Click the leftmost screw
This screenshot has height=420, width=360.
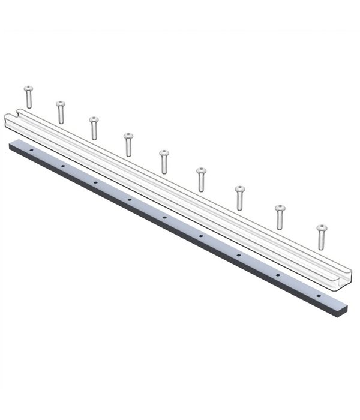[28, 96]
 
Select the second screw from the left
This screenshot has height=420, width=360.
[60, 112]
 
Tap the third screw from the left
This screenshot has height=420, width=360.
[94, 127]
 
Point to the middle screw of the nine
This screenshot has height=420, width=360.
[164, 161]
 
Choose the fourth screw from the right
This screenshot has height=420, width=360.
[201, 179]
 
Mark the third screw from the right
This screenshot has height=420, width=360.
[239, 197]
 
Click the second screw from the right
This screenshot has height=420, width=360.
[280, 217]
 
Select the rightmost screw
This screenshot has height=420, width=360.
[322, 236]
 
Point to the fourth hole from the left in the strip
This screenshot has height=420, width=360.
[129, 197]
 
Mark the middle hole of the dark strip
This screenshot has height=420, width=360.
[164, 215]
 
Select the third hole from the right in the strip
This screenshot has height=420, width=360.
[238, 254]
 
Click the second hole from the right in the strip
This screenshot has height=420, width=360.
[278, 274]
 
